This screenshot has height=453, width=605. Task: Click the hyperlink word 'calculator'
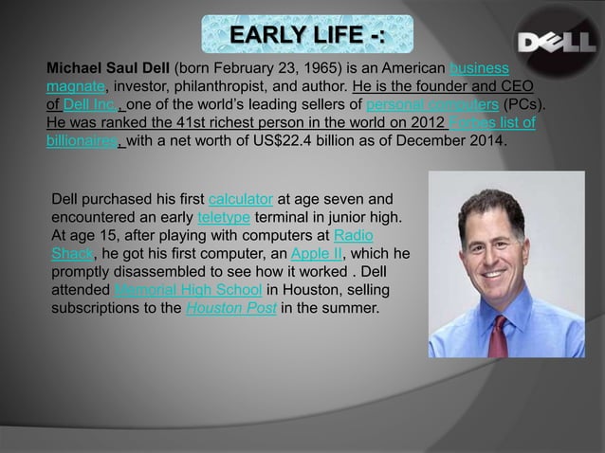241,199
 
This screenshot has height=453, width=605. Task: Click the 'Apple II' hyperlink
317,253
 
